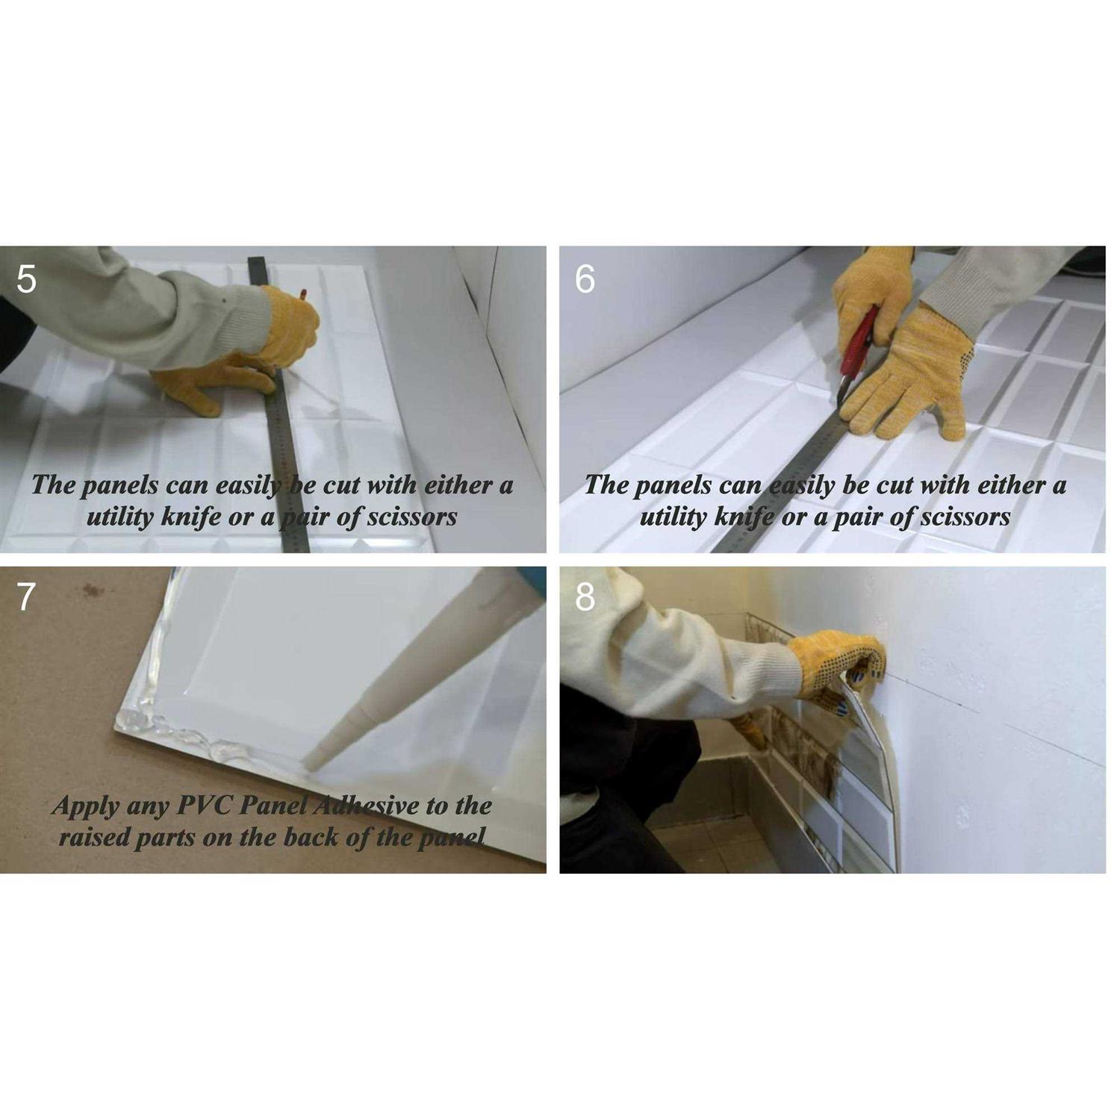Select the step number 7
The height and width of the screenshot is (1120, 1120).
click(26, 597)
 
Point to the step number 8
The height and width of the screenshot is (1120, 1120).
click(585, 597)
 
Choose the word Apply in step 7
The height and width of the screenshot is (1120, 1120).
click(85, 807)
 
